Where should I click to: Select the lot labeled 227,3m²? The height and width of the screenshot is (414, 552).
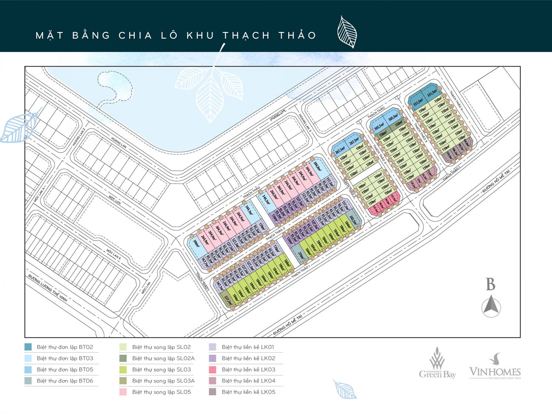point(228,300)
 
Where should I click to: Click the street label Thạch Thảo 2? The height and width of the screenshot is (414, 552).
point(276,234)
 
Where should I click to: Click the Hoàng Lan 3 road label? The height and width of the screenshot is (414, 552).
point(305,123)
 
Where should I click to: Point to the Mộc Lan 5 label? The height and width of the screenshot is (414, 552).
point(114,254)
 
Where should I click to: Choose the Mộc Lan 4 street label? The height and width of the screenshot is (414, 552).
point(39,194)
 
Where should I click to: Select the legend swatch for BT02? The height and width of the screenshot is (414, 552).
point(28,347)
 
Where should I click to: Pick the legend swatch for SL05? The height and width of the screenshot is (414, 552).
point(123,392)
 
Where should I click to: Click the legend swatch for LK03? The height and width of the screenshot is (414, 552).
point(213,369)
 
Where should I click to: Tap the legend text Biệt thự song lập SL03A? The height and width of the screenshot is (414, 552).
point(163,381)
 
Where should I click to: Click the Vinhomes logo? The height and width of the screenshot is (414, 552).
point(495,368)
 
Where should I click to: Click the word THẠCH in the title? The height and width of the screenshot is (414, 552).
point(246,36)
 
